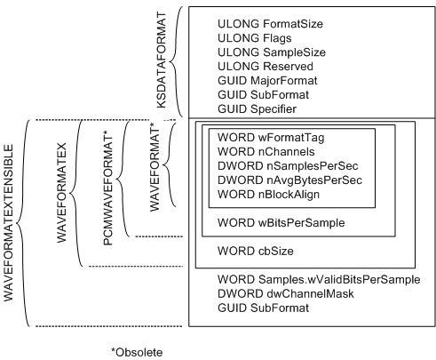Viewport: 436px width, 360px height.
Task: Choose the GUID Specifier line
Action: click(x=257, y=108)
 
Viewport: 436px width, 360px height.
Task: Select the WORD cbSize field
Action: click(x=255, y=251)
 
